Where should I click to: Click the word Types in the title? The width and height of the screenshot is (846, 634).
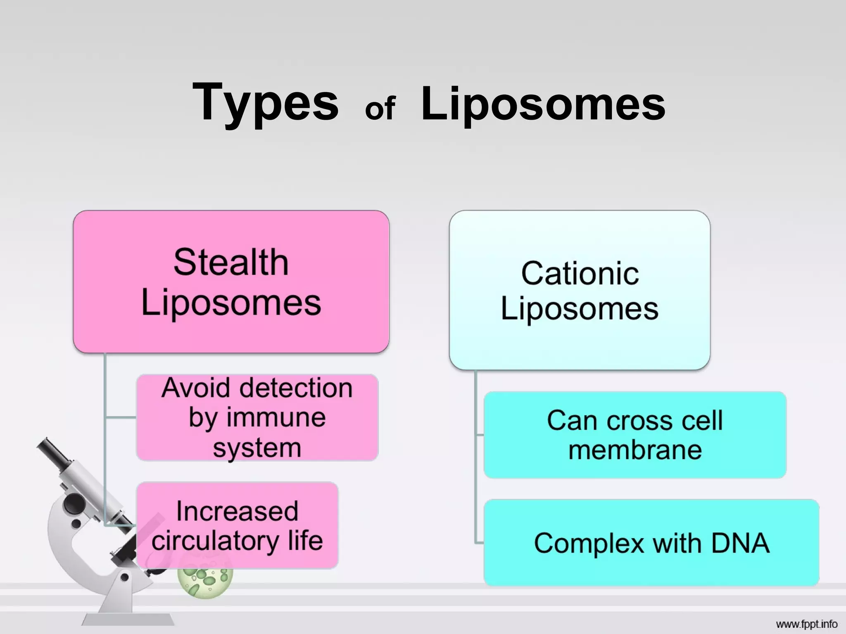265,103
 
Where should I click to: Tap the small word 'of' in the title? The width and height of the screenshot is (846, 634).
380,108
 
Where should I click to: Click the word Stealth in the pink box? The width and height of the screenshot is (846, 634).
231,262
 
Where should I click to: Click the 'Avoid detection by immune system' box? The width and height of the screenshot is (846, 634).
257,417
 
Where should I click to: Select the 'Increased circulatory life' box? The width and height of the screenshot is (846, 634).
237,525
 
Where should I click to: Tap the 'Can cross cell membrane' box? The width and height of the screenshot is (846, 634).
634,435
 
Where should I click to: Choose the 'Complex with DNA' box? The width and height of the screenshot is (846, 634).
651,542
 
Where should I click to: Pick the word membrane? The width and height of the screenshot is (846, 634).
635,449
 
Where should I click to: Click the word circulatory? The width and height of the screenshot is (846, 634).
215,541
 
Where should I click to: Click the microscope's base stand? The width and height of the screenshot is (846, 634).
128,619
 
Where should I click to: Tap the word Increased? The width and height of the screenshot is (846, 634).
237,511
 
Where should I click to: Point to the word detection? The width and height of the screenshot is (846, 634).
296,388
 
